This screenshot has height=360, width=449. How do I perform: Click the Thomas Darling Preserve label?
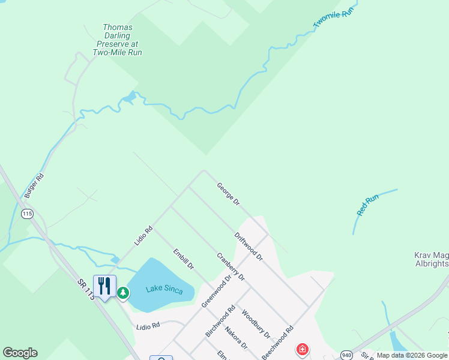118,40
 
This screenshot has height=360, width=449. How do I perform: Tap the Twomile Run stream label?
331,17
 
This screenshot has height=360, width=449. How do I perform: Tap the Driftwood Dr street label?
249,246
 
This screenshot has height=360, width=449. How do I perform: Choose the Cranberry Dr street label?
231,266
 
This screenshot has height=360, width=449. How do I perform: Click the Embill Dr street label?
183,259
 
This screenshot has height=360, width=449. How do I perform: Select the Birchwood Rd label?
220,321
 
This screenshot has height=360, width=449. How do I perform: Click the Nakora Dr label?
236,337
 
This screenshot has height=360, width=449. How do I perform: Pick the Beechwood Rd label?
278,343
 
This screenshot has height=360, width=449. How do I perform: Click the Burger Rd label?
34,186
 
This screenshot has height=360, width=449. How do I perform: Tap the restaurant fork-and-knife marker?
104,286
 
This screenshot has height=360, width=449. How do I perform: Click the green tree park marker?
123,293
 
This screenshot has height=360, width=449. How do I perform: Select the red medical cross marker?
303,349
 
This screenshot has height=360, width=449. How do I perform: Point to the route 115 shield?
27,214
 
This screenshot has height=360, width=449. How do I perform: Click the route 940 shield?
346,354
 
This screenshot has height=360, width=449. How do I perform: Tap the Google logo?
20,353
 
